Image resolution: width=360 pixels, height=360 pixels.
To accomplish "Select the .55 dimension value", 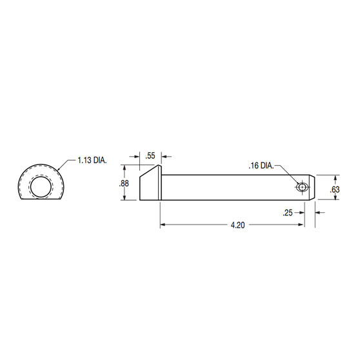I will (x=150, y=155).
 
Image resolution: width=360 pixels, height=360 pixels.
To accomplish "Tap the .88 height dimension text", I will (x=124, y=184).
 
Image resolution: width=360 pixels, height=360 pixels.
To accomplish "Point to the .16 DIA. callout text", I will (x=261, y=166).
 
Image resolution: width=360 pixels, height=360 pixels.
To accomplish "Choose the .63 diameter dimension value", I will (x=334, y=189).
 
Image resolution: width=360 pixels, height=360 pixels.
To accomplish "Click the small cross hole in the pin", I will (x=301, y=186).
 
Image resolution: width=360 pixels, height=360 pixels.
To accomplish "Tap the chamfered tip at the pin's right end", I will (x=312, y=186).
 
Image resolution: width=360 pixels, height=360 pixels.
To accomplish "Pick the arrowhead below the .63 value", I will (x=334, y=197).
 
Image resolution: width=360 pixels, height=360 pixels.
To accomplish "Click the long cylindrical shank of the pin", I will (x=232, y=186).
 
